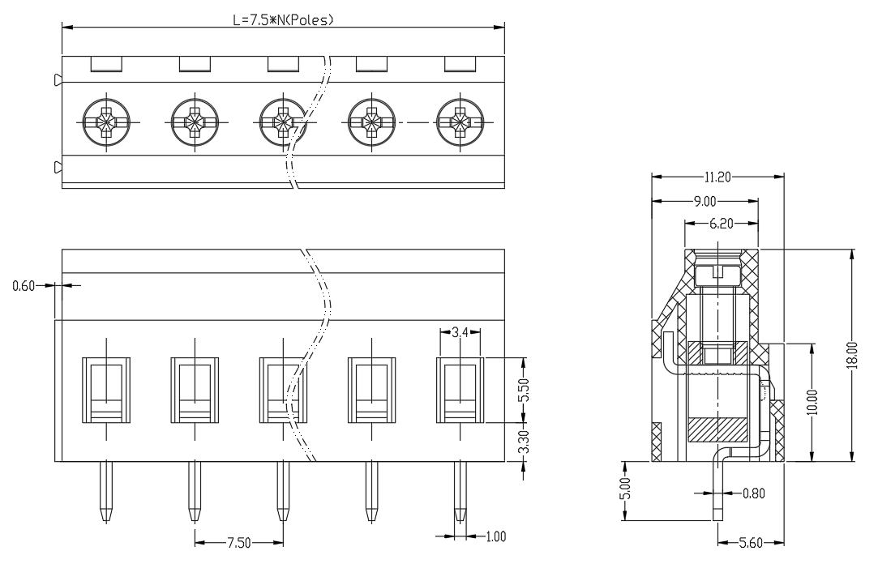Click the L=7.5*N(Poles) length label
click(x=283, y=19)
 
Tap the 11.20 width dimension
click(x=717, y=177)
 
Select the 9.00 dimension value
click(x=705, y=201)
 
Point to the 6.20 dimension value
click(x=722, y=224)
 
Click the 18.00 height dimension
click(x=852, y=356)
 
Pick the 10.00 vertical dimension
click(x=813, y=402)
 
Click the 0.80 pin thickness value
click(x=754, y=493)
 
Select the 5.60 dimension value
click(x=751, y=542)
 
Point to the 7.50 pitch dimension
click(x=239, y=542)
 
